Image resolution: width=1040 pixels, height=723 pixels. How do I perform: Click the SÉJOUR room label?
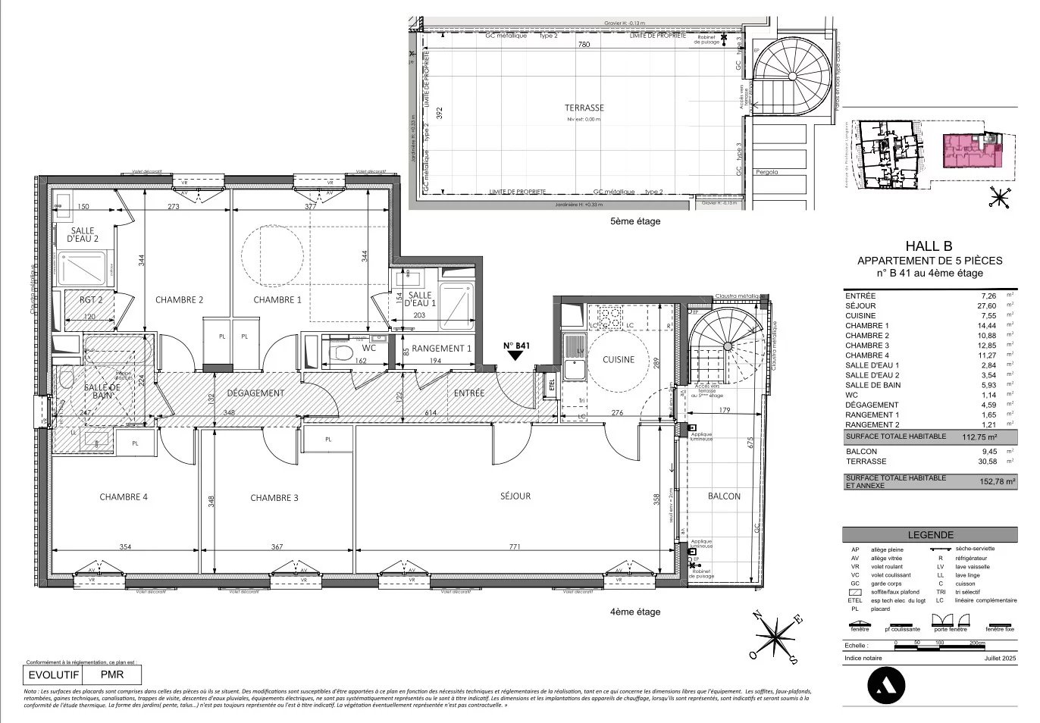tap(515, 496)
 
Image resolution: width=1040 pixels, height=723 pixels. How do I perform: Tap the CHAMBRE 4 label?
tap(124, 497)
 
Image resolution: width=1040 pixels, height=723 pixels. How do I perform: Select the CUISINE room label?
tap(619, 360)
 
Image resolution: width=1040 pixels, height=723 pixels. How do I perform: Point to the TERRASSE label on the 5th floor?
tap(584, 108)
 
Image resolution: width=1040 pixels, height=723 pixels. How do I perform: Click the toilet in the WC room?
tap(340, 352)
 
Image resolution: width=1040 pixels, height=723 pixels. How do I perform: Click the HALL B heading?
tap(929, 246)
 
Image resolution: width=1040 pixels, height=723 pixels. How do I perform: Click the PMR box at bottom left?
tap(111, 674)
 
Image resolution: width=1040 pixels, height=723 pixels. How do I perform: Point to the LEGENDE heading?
tap(929, 534)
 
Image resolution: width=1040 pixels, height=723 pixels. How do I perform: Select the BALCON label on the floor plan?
tap(723, 496)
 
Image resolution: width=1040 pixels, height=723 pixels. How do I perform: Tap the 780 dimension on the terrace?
tap(584, 45)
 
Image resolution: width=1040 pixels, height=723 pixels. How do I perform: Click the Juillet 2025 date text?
tap(996, 659)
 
